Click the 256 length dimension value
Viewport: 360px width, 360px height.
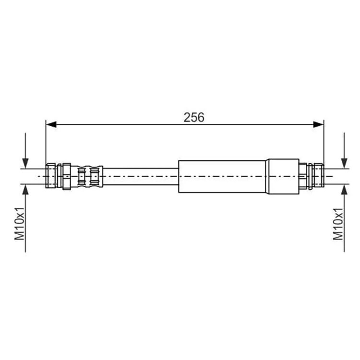pos(194,117)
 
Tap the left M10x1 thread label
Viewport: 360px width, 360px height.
pos(20,223)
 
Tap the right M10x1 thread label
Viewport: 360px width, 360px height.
pos(338,224)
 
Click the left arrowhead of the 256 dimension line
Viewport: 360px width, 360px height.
pos(51,125)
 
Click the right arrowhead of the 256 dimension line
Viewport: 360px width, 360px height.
pos(318,125)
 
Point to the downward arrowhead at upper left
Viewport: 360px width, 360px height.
pos(25,163)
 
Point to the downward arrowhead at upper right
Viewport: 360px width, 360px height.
pos(344,163)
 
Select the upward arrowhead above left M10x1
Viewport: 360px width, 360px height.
pos(25,190)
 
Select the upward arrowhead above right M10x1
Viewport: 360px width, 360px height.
pos(344,190)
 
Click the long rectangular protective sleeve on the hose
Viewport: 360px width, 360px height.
pos(222,176)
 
